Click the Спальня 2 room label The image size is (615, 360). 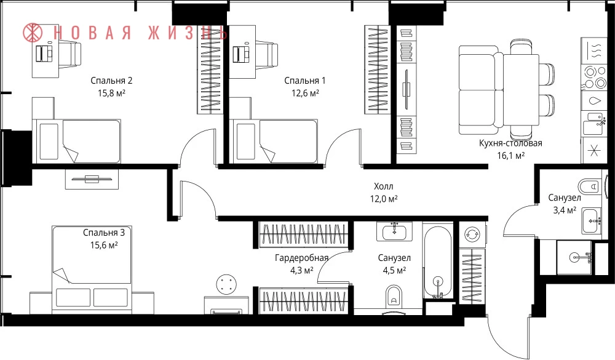coord(111,81)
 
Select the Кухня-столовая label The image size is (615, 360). coord(510,143)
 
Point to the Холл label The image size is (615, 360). coord(383,186)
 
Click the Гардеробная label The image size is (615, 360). coord(301,258)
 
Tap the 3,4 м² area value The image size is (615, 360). coord(565,210)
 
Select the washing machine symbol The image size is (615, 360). coord(472,234)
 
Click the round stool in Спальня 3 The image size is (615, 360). coord(227,284)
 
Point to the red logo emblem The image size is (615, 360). coord(33,32)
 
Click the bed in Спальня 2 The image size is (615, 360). coord(76,141)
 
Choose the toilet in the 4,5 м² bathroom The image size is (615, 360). coord(394,295)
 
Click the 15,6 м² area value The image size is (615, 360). coord(104,246)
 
